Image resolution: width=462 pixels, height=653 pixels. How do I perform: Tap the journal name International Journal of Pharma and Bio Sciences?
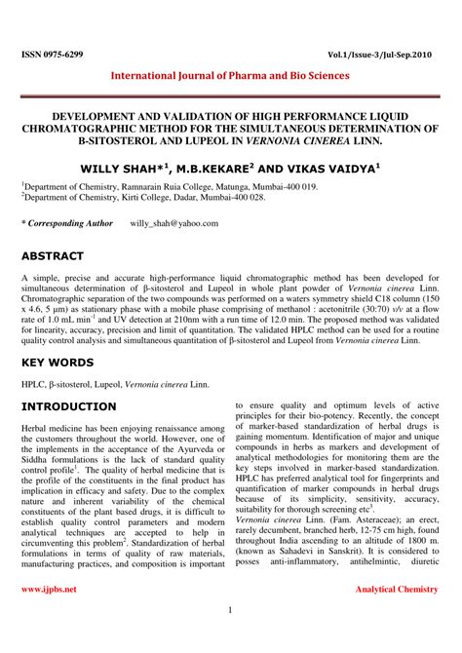point(231,74)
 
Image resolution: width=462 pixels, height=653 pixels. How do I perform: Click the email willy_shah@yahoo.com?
point(173,223)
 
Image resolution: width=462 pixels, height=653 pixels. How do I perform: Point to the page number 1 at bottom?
point(231,611)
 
